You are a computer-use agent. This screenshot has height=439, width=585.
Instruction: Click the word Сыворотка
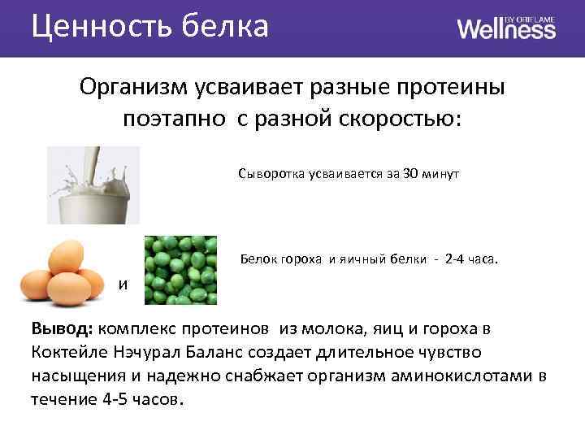click(x=269, y=174)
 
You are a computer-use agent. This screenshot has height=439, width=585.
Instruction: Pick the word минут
click(x=444, y=174)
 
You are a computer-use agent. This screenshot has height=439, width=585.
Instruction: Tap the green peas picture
click(x=180, y=270)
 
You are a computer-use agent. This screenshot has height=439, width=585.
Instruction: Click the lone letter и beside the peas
click(x=123, y=285)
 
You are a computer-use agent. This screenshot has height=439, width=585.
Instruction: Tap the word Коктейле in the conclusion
click(x=69, y=354)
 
